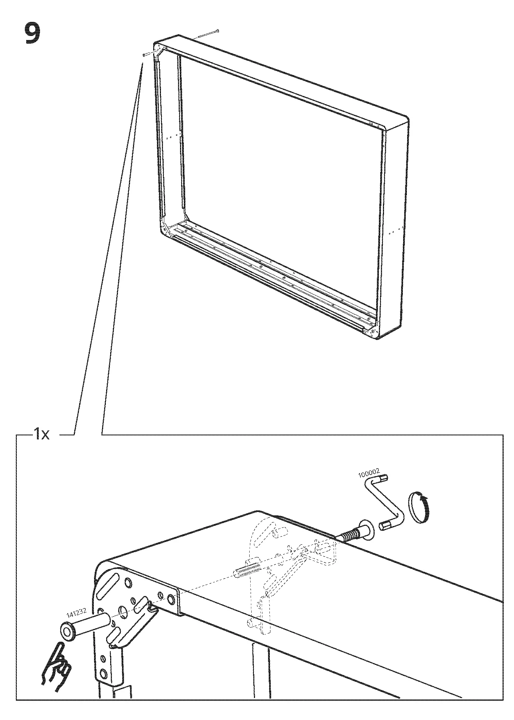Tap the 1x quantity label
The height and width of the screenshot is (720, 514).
(x=41, y=435)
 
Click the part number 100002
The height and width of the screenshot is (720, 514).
(x=369, y=474)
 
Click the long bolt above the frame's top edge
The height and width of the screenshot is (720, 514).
(x=209, y=34)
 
